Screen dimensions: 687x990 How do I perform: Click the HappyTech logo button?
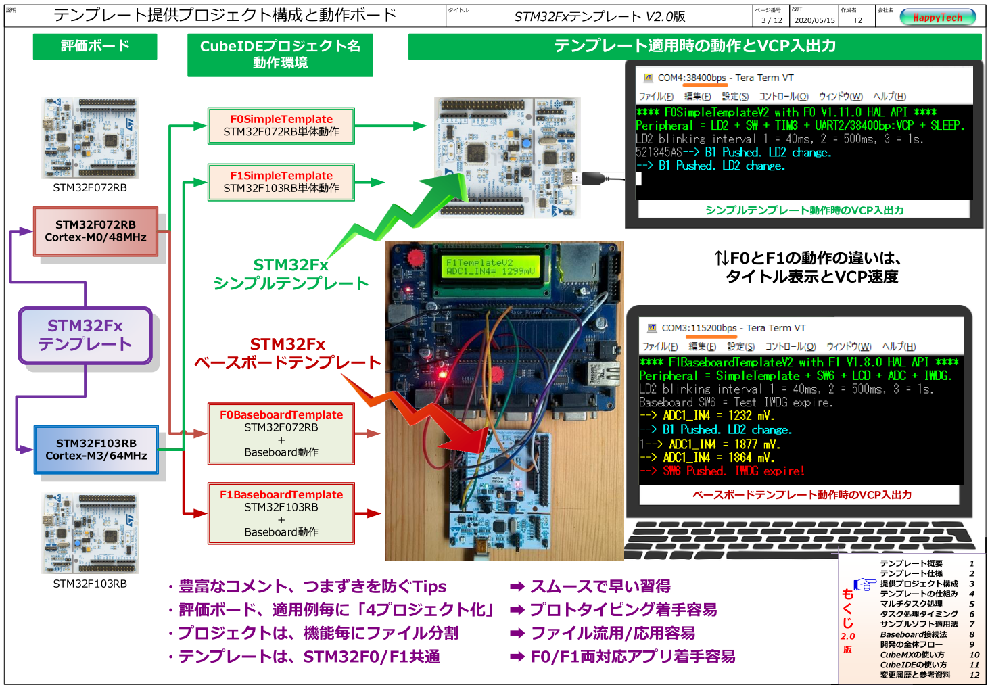(x=937, y=18)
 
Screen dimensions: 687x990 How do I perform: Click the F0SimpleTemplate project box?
(x=281, y=126)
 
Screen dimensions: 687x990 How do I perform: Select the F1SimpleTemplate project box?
(x=281, y=182)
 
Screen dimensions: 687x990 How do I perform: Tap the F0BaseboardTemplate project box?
(x=281, y=433)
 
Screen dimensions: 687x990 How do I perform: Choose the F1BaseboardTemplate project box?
(x=281, y=513)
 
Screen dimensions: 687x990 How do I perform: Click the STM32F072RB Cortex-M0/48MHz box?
(x=95, y=231)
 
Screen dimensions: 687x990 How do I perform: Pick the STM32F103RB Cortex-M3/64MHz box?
(x=96, y=450)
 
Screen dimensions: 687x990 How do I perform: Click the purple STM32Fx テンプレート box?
(x=85, y=335)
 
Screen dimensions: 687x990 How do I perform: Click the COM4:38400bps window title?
(x=726, y=78)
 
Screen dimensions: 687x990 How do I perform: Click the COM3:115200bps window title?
(x=733, y=328)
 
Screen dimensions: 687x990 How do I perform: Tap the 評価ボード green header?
(x=95, y=46)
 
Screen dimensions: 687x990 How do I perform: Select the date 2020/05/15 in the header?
(x=814, y=20)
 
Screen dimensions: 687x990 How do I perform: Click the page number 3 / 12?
(x=772, y=20)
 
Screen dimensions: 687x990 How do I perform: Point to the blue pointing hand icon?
(x=864, y=584)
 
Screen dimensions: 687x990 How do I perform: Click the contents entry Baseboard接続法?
(x=913, y=634)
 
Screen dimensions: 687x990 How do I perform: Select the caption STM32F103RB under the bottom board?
(x=90, y=584)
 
